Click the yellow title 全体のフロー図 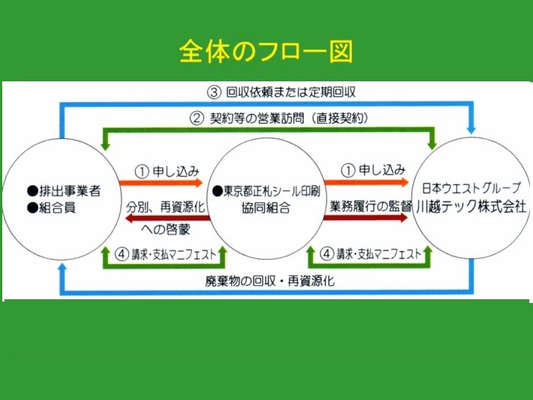(266, 51)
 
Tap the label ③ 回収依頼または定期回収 (281, 92)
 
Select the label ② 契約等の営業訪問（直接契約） (279, 118)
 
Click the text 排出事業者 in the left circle (70, 191)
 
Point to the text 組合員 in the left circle (57, 207)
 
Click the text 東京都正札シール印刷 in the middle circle (272, 191)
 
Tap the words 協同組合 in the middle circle (266, 207)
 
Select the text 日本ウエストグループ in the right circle (472, 187)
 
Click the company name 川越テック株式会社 (472, 206)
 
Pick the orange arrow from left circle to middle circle (161, 183)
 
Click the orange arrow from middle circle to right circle (367, 183)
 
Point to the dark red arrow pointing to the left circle (168, 218)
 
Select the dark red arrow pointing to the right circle (366, 217)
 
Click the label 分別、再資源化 (166, 207)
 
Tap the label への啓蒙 (166, 229)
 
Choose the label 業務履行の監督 (371, 206)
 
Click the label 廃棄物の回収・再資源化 (270, 281)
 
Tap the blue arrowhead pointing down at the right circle (471, 130)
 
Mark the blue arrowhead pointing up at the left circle (62, 268)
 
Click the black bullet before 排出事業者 (33, 191)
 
